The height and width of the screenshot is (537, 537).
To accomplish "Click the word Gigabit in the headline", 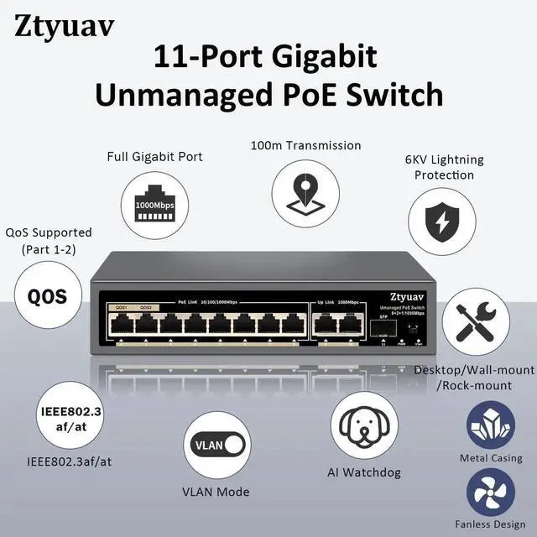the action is pos(320,57).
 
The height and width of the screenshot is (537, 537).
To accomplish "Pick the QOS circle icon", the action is pos(47,296).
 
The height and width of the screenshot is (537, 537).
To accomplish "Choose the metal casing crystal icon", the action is pos(490,425).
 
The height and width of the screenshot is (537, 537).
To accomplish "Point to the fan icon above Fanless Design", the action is pos(491,493).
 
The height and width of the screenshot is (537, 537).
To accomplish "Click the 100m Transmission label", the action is pos(305,146).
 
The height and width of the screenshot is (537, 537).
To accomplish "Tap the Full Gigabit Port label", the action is pos(154,156).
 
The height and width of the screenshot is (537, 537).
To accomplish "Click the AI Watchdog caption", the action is pos(364,472).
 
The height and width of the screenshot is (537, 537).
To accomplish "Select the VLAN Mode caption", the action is pos(216,492).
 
